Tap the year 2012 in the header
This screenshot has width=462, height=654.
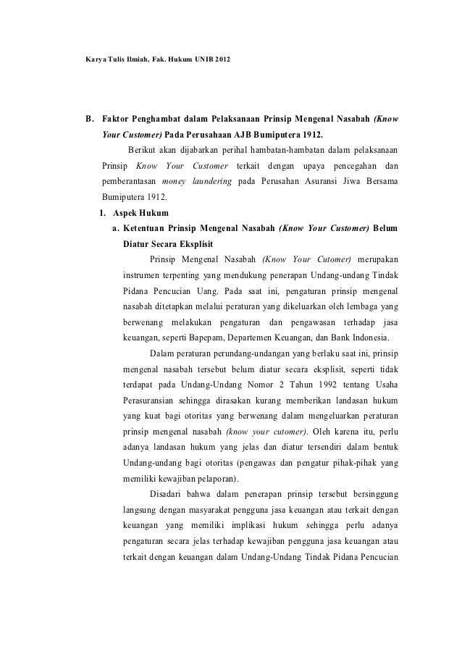(226, 57)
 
